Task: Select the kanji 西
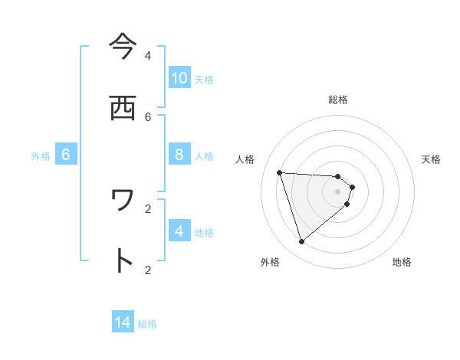[123, 107]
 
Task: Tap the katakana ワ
[123, 200]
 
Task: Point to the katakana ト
[123, 261]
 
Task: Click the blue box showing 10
[179, 77]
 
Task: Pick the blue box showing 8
[179, 154]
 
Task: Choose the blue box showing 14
[123, 322]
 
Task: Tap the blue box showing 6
[66, 154]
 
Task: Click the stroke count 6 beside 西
[148, 116]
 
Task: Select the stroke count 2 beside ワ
[148, 208]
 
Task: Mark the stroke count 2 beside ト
[148, 270]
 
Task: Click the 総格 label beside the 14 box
[147, 324]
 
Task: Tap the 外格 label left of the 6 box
[41, 156]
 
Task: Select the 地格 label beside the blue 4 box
[204, 233]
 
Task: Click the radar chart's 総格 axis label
[338, 100]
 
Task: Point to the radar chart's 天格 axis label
[431, 159]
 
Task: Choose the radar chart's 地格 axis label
[402, 262]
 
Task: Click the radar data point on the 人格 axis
[280, 172]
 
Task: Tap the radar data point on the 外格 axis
[301, 242]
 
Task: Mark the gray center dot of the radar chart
[338, 191]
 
